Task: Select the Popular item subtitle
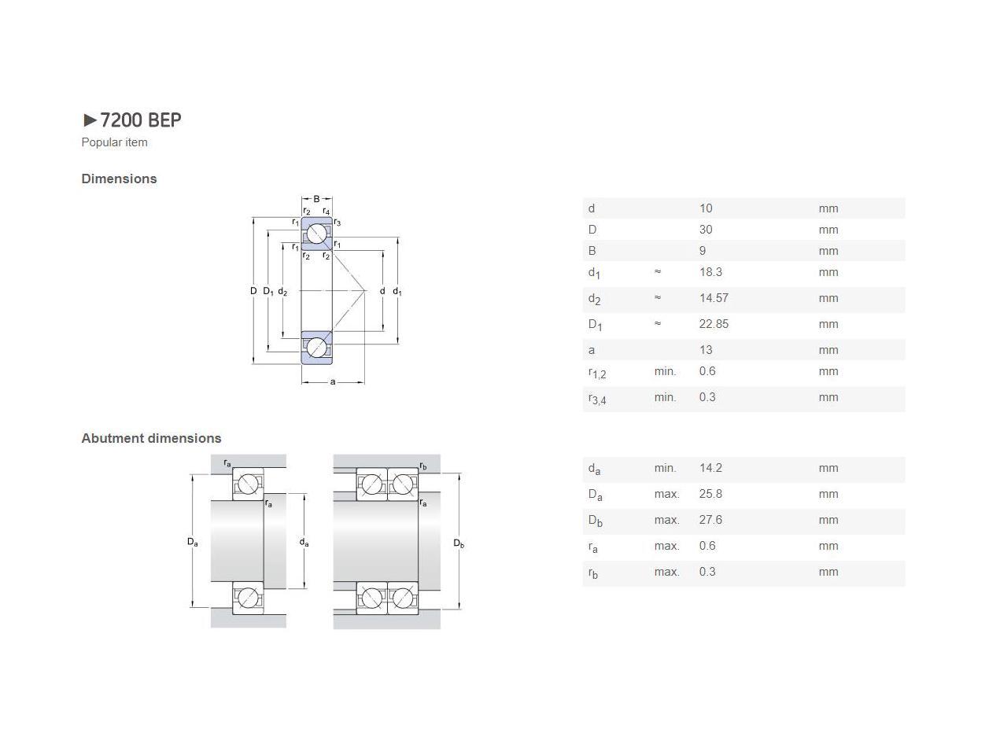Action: pos(114,142)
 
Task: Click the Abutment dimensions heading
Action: pos(151,438)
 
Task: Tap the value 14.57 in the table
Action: pos(714,298)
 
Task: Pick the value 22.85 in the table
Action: pos(714,324)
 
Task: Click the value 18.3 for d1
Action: pos(710,272)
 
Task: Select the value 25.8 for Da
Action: pos(710,494)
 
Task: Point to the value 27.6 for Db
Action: pos(710,520)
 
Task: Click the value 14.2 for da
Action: pos(710,468)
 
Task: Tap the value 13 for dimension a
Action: pos(705,350)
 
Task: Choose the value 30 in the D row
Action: pos(705,230)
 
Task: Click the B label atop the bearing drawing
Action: pos(317,199)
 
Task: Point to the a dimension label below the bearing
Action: pos(333,382)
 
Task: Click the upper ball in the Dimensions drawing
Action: pos(317,234)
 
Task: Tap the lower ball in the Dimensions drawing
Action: pos(317,348)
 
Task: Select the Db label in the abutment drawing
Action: pos(459,543)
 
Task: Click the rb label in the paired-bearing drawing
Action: pos(423,466)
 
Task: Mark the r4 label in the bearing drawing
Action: pos(326,211)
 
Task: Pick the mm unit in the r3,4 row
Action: pos(828,397)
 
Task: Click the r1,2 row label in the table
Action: pos(597,373)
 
